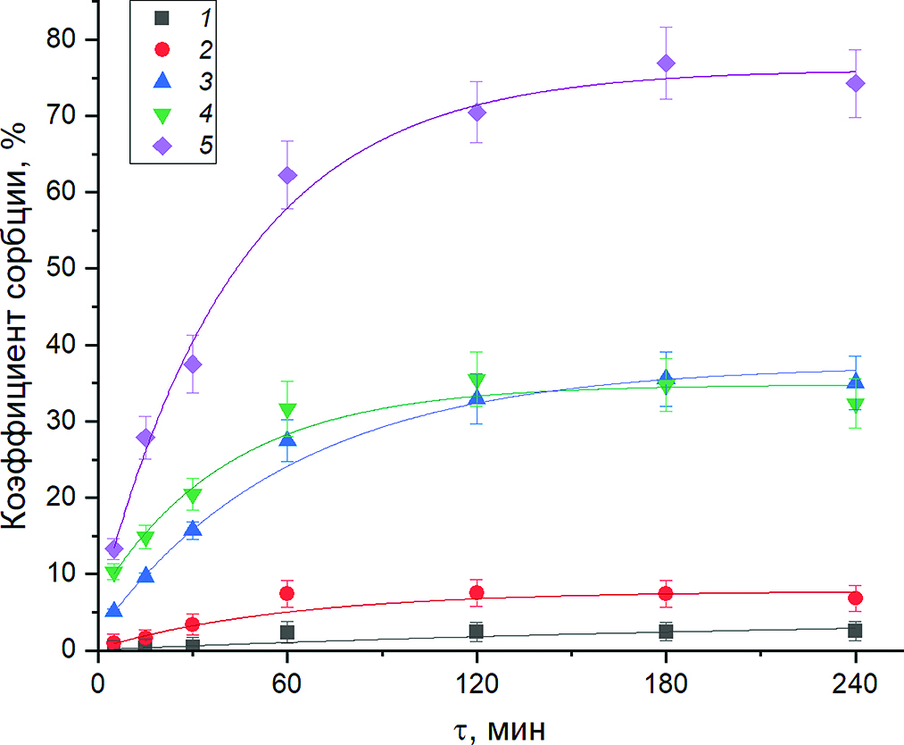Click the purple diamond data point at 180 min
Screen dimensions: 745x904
[x=666, y=63]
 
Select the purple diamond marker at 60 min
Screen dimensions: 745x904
[x=286, y=175]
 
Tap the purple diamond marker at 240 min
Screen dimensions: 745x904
[x=855, y=83]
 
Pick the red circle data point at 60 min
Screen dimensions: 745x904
[x=286, y=593]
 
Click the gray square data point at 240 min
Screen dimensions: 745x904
[x=855, y=631]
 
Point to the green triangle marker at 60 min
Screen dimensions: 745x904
[x=286, y=411]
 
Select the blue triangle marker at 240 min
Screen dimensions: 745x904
[x=855, y=381]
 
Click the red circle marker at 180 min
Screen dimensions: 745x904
[x=666, y=593]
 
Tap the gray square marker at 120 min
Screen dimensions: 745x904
[x=477, y=632]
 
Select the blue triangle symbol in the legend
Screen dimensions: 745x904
[x=162, y=80]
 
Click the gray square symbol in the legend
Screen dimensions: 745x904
[x=162, y=17]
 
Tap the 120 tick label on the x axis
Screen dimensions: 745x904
[x=477, y=683]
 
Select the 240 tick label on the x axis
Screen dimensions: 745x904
[x=855, y=683]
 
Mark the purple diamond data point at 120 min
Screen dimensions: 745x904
[x=477, y=112]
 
